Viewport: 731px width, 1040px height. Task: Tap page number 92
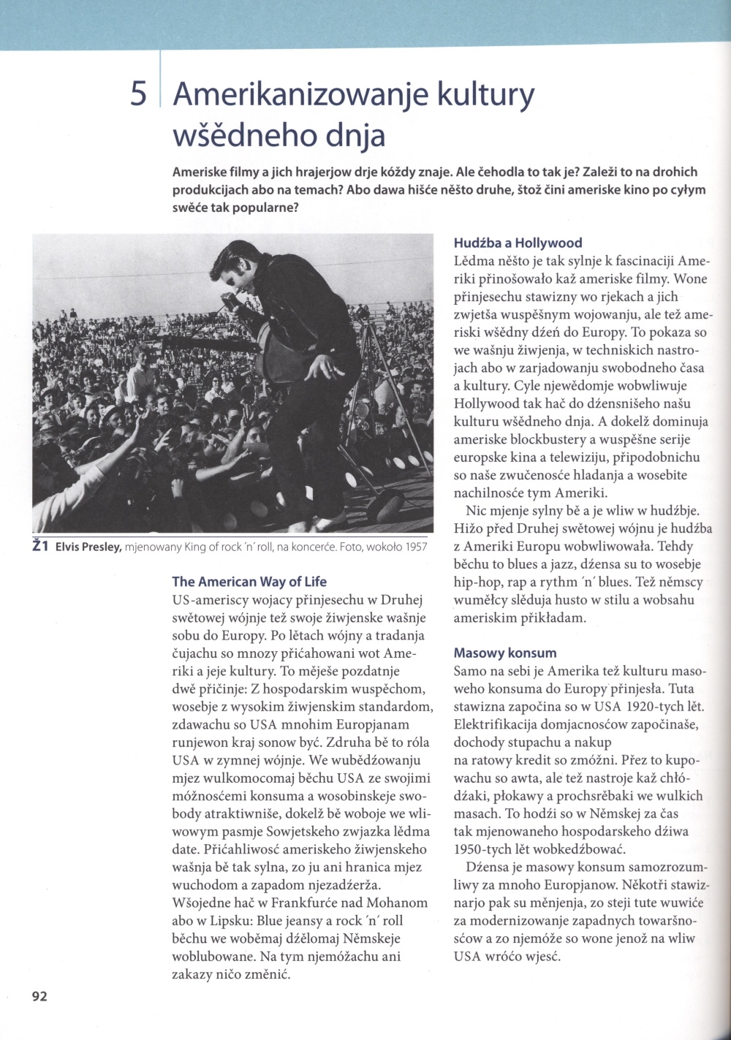tap(39, 995)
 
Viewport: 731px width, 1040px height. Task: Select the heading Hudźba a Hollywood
tap(518, 243)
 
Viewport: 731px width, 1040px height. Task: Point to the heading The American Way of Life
tap(249, 582)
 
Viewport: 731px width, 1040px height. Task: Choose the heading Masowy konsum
tap(504, 653)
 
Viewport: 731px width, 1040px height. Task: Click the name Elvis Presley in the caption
tap(88, 547)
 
